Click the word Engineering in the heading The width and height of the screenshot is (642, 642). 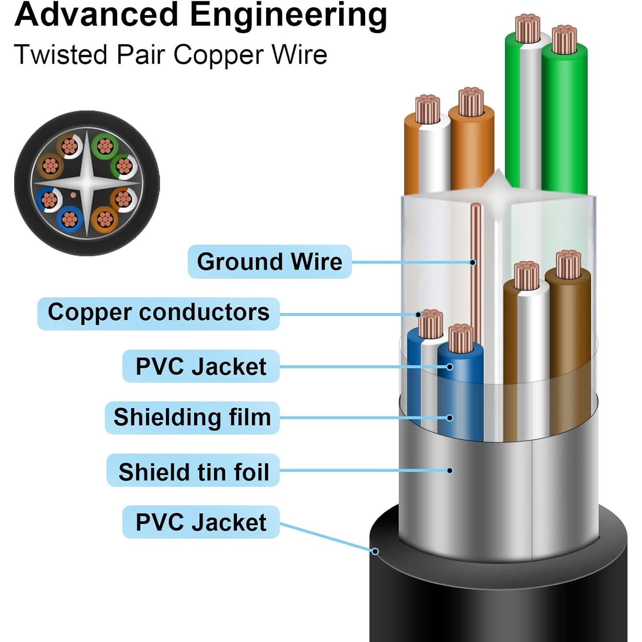[x=288, y=15]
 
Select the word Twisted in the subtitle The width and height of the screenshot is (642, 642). [x=61, y=55]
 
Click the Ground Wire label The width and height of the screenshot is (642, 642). [x=269, y=261]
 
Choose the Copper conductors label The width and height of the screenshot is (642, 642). [x=158, y=313]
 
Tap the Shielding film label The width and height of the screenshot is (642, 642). [x=192, y=417]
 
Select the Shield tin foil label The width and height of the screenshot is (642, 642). [x=193, y=471]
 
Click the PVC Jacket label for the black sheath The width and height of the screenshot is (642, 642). [x=201, y=522]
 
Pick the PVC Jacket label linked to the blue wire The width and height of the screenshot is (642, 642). [x=201, y=367]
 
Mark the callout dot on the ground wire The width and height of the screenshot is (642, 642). [x=473, y=263]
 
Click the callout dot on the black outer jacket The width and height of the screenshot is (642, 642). [x=375, y=551]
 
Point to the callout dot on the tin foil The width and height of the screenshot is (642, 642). [x=450, y=470]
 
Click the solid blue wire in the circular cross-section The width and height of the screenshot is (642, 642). [x=69, y=218]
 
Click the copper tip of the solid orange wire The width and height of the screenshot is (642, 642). [x=471, y=101]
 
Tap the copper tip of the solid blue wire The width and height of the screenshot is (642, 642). [x=460, y=338]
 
